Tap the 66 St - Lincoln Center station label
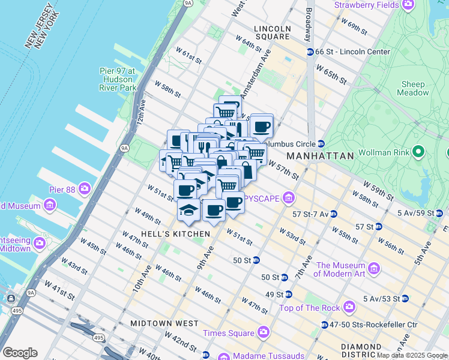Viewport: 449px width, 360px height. pos(353,52)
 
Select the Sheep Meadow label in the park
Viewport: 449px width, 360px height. pos(413,89)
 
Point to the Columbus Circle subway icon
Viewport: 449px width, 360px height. pos(321,144)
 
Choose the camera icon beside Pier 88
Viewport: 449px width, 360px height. pos(84,190)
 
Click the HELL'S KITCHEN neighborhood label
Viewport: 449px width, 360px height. pos(175,233)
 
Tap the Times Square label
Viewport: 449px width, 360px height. pos(228,333)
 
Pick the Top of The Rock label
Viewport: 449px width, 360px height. pos(309,308)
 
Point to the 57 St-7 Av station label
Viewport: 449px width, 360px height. pos(310,214)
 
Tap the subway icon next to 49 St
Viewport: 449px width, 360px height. pos(288,295)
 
